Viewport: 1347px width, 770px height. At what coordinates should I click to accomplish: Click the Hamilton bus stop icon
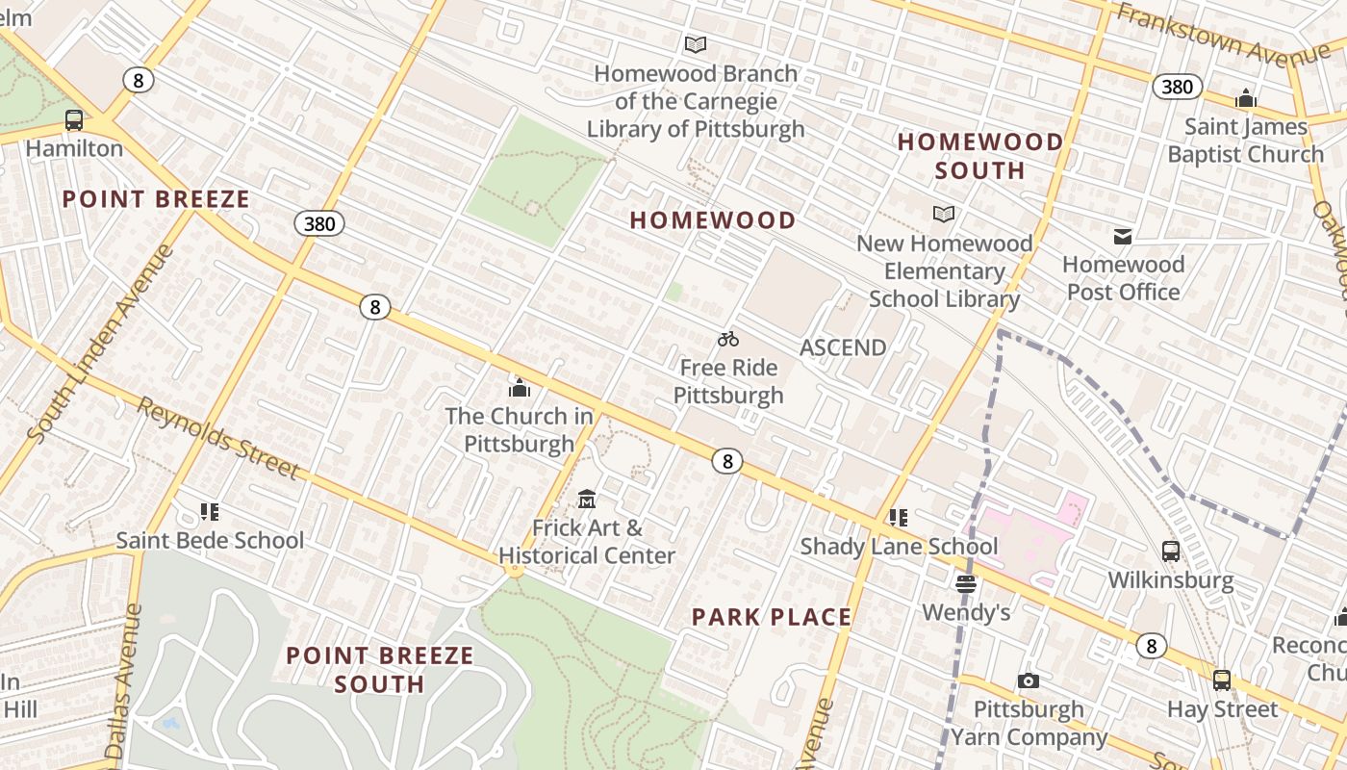pos(74,120)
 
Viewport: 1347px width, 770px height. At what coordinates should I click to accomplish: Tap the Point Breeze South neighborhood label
pos(380,670)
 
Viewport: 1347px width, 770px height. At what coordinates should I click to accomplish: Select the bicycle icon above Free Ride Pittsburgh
pos(728,339)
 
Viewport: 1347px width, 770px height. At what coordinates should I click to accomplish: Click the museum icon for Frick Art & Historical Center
pos(587,499)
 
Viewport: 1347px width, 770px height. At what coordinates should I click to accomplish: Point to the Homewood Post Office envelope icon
pos(1122,236)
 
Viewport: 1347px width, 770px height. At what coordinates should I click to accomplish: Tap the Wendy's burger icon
pos(966,583)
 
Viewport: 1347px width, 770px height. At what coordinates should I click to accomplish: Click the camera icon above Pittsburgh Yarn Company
pos(1028,681)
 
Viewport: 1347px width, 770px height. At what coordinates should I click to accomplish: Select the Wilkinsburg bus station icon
pos(1170,552)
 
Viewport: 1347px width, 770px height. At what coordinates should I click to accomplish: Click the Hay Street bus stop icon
pos(1222,680)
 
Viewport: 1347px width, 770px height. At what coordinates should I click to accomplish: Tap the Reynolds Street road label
pos(218,438)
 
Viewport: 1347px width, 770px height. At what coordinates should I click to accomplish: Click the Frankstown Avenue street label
pos(1222,34)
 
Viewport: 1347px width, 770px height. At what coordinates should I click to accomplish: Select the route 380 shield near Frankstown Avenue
pos(1177,87)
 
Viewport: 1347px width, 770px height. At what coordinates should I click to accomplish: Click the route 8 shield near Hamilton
pos(139,80)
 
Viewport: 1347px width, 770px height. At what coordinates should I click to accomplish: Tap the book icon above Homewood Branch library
pos(696,44)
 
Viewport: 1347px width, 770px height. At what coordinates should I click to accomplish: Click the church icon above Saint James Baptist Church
pos(1246,98)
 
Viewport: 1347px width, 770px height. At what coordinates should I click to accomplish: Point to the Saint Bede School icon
pos(210,511)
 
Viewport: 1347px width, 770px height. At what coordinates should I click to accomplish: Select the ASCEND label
pos(843,347)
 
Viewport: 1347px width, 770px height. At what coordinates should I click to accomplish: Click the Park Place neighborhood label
pos(772,617)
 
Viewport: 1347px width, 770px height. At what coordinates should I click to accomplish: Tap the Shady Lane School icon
pos(899,518)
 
